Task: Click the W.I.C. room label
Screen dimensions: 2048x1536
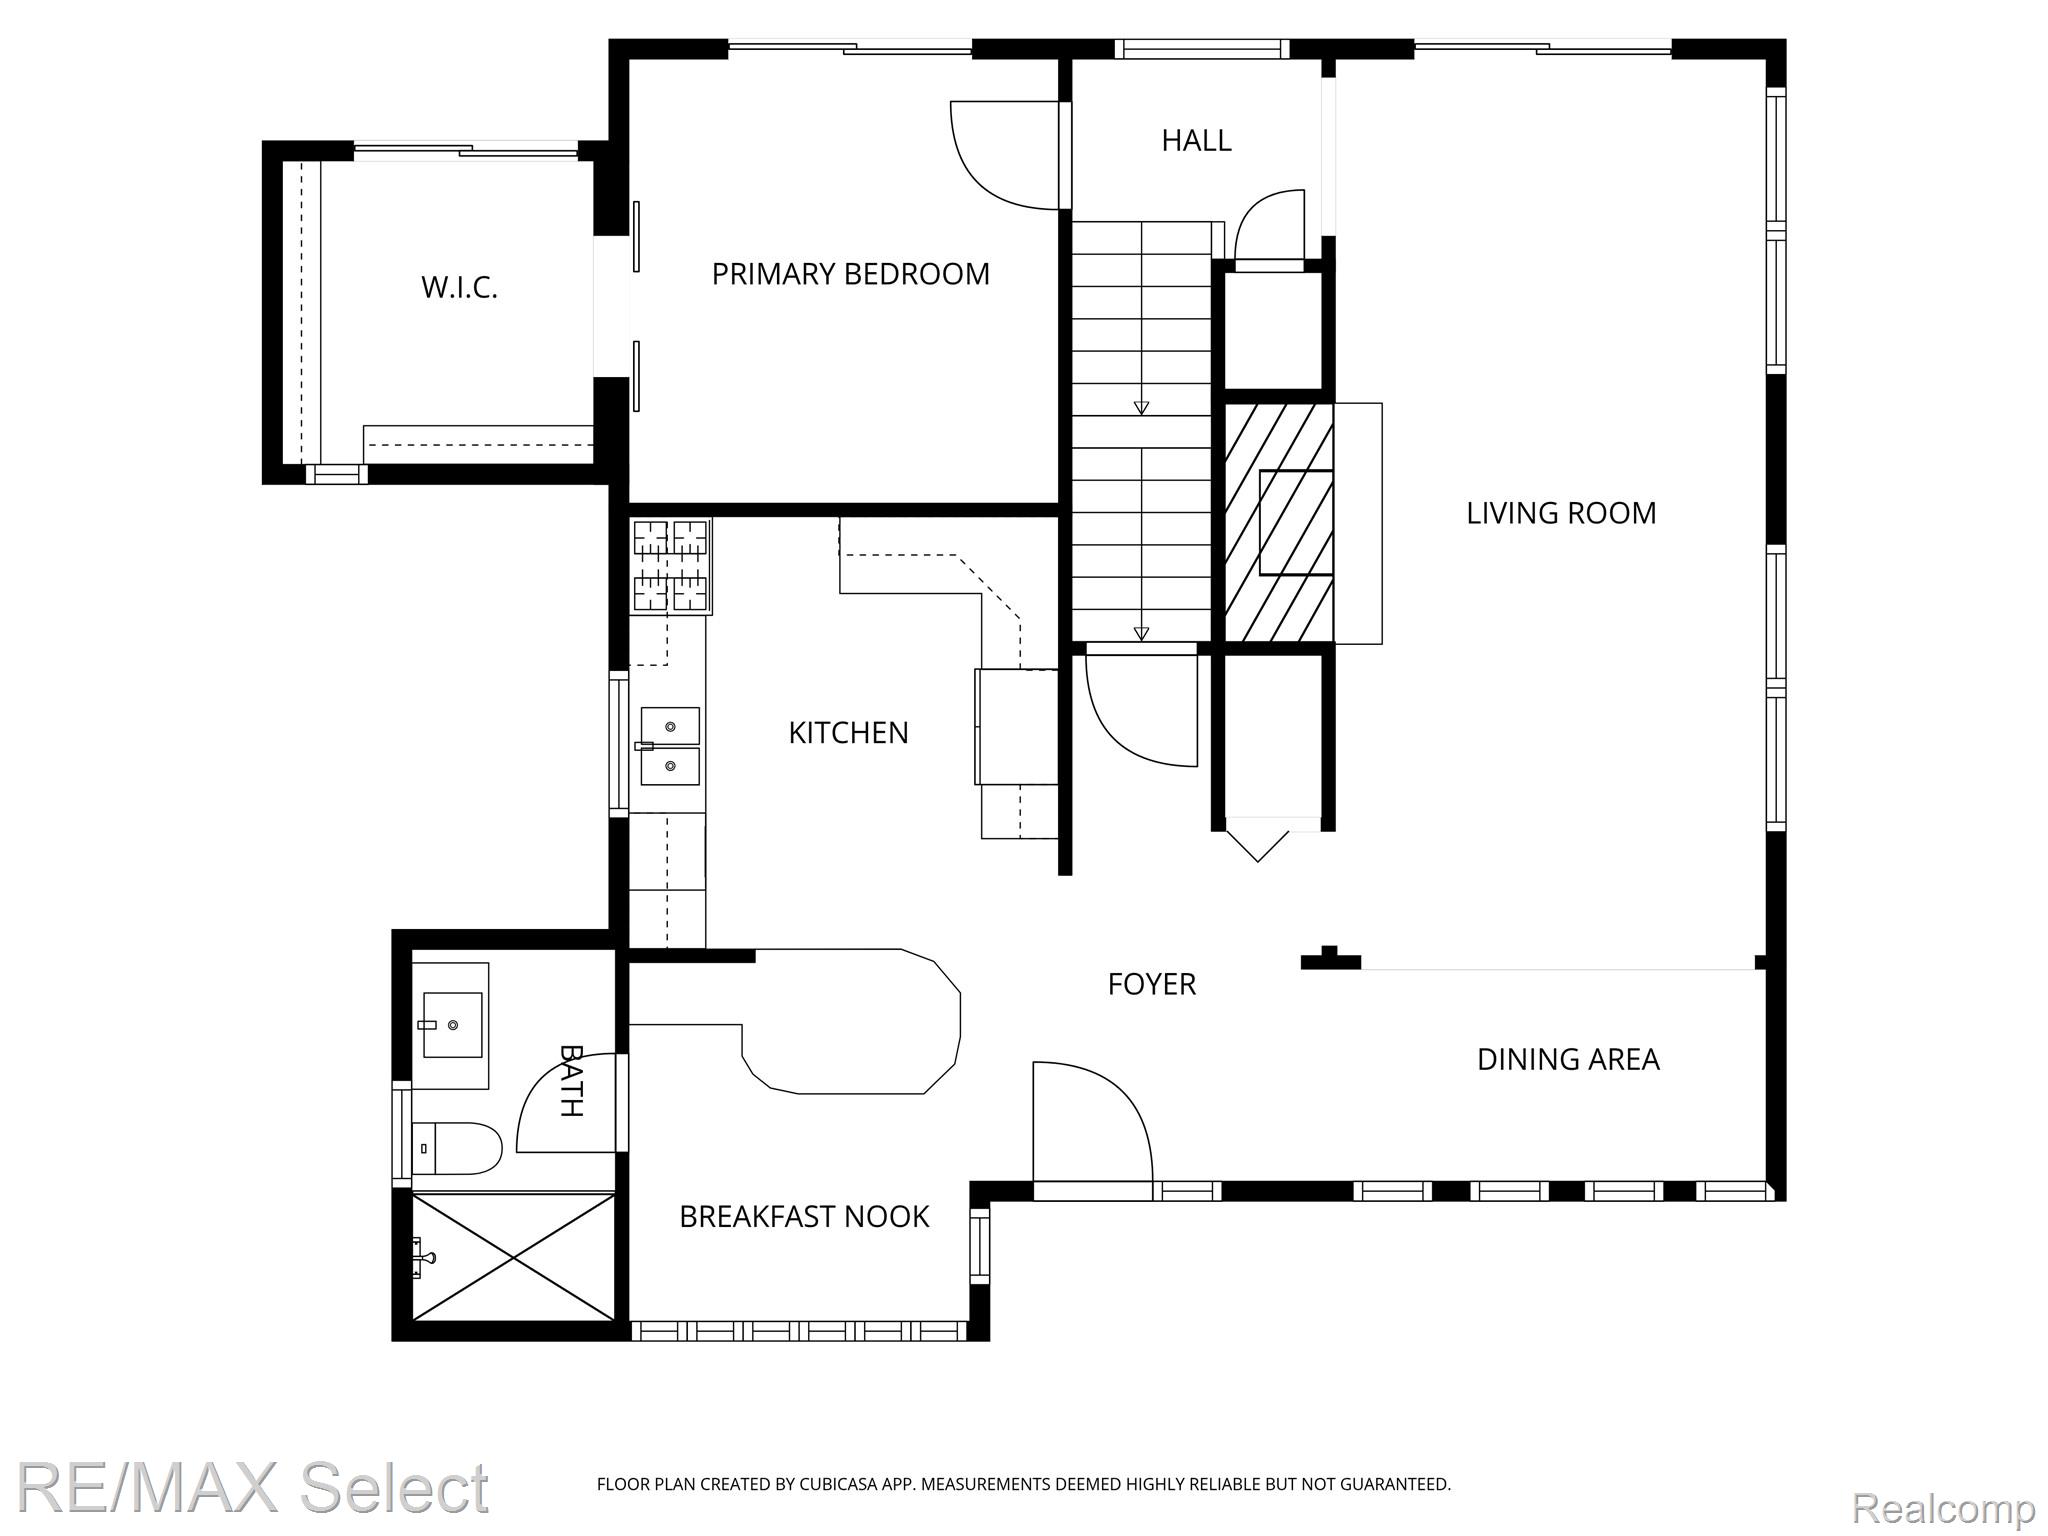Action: click(x=459, y=288)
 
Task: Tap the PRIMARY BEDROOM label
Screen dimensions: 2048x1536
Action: click(x=850, y=274)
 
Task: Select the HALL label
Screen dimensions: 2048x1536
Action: click(x=1196, y=141)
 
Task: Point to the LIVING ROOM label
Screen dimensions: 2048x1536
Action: click(x=1561, y=513)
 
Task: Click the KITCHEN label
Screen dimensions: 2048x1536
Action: click(x=848, y=733)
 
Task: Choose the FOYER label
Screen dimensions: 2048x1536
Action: click(x=1151, y=984)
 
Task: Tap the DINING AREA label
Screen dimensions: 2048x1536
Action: click(x=1568, y=1059)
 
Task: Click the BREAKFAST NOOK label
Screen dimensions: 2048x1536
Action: click(x=804, y=1216)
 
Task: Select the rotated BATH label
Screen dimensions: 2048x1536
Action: click(x=571, y=1080)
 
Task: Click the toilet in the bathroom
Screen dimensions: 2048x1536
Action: click(x=457, y=1148)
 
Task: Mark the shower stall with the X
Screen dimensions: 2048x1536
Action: click(x=514, y=1256)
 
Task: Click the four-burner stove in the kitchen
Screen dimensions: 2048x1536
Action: click(x=670, y=565)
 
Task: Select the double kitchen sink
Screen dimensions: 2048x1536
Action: click(x=669, y=746)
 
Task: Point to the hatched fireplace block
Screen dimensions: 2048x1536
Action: click(x=1279, y=523)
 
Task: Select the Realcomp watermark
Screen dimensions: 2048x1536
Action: click(x=1943, y=1507)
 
